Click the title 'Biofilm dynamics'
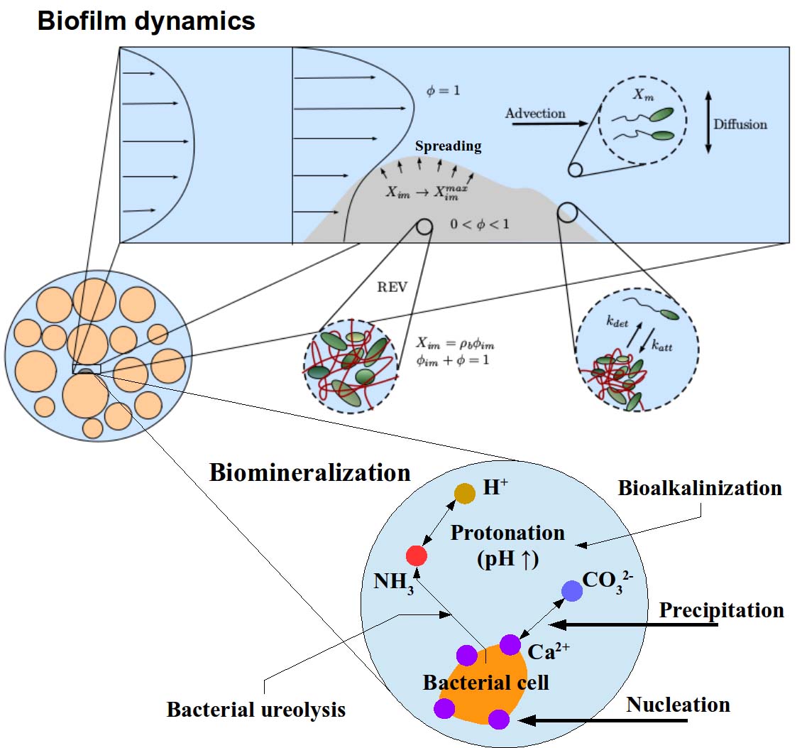click(x=145, y=21)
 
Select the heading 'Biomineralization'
click(x=309, y=473)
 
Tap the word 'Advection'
click(x=535, y=113)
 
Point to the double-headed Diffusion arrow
click(x=708, y=124)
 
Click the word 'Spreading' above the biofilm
click(x=448, y=146)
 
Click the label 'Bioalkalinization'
click(x=700, y=488)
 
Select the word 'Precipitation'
click(x=721, y=610)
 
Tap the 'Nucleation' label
click(x=678, y=705)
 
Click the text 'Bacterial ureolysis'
click(x=256, y=710)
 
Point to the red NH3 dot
click(x=415, y=555)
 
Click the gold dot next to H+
click(x=465, y=493)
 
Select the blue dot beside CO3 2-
click(x=572, y=590)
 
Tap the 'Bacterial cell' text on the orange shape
click(x=485, y=683)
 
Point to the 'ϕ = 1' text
click(x=443, y=91)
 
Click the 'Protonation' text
click(x=507, y=532)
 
